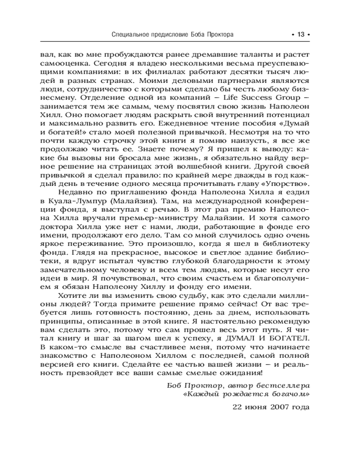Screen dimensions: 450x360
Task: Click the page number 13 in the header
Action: [x=301, y=35]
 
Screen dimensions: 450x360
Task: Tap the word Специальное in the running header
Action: [x=131, y=35]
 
